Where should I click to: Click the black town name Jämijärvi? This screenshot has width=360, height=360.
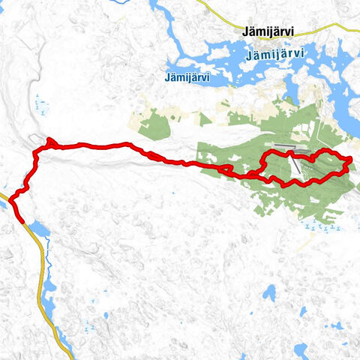(268, 32)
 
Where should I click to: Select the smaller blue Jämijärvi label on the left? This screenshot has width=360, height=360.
(187, 76)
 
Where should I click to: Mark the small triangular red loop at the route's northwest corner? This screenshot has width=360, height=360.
(49, 143)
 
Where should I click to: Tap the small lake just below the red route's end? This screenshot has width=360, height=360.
(39, 229)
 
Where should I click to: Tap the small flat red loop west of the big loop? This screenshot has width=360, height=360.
(224, 169)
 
